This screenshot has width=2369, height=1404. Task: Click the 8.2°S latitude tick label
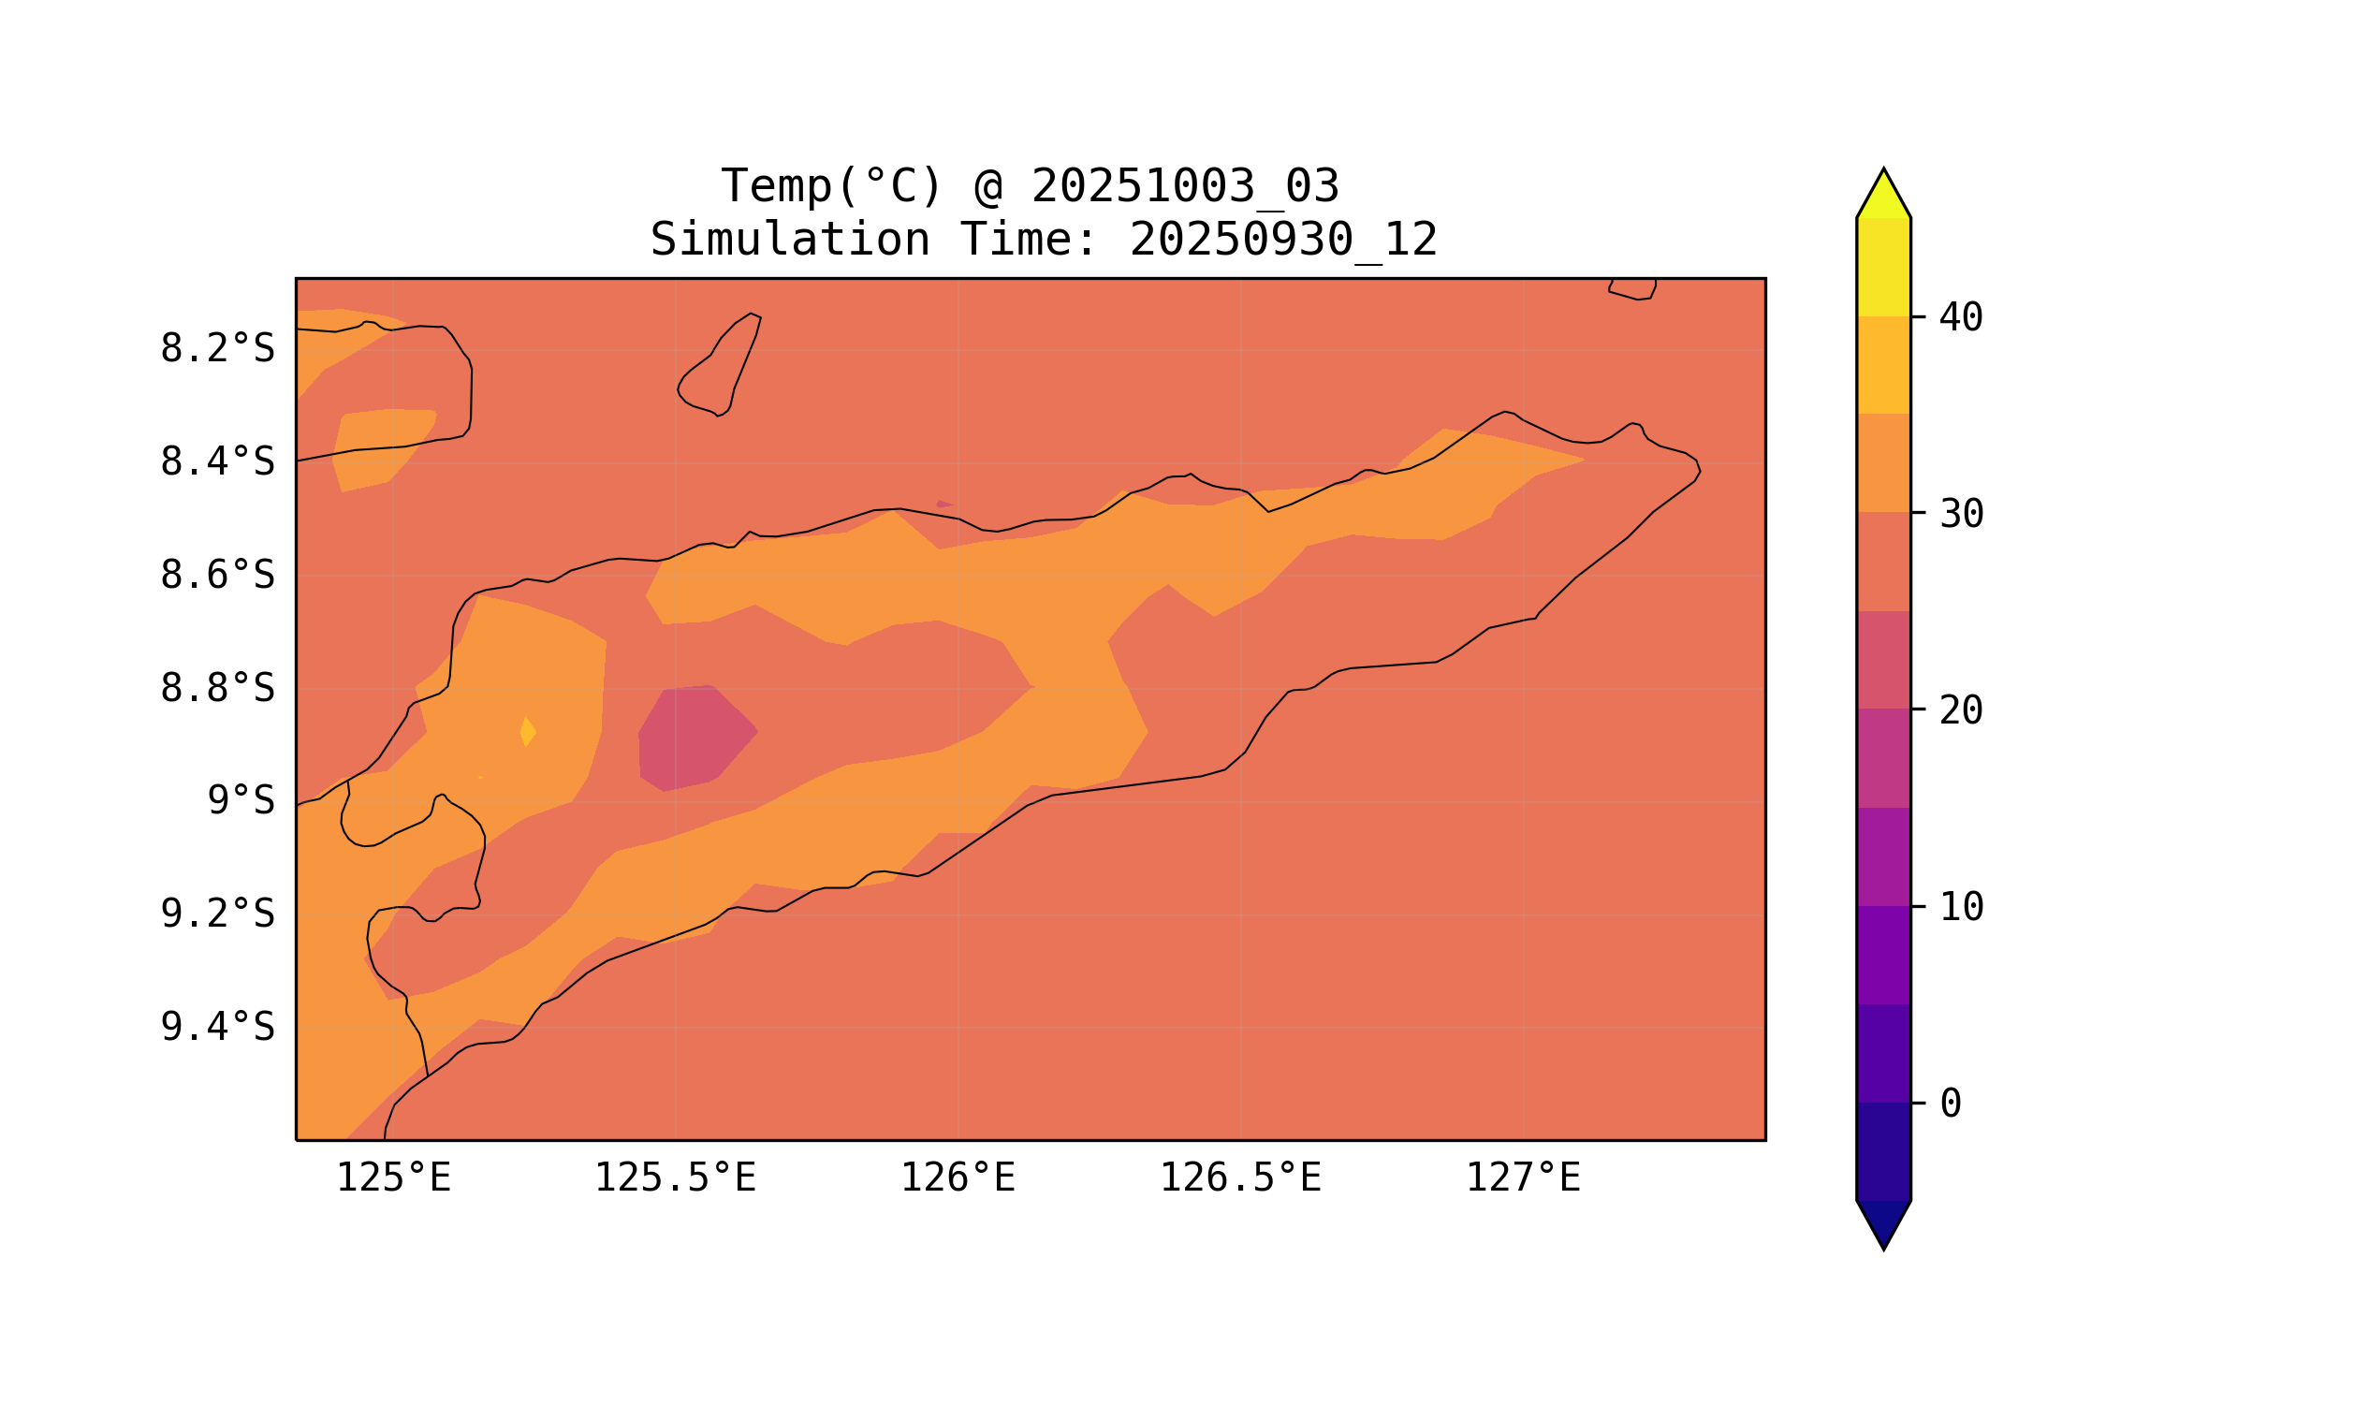tap(216, 349)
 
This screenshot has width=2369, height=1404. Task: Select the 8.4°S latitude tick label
tap(216, 462)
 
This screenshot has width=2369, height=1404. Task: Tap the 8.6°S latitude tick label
tap(216, 576)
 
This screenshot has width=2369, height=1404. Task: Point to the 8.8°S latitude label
tap(216, 689)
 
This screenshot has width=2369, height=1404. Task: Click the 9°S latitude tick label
tap(241, 801)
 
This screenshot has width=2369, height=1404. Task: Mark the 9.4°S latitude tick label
tap(216, 1028)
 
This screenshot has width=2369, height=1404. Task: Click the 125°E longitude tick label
tap(393, 1178)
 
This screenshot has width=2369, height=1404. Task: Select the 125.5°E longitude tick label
tap(675, 1178)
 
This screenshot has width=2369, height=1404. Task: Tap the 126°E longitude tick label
tap(958, 1178)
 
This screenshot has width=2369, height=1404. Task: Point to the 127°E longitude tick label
tap(1522, 1178)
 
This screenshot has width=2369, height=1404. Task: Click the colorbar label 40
tap(1960, 318)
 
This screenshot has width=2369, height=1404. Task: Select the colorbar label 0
tap(1950, 1104)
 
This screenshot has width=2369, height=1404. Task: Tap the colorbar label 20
tap(1960, 710)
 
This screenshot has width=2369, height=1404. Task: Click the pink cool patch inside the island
tap(695, 737)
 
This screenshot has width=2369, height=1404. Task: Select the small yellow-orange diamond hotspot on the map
tap(528, 731)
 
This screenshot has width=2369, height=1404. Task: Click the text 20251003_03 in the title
tap(1185, 186)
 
